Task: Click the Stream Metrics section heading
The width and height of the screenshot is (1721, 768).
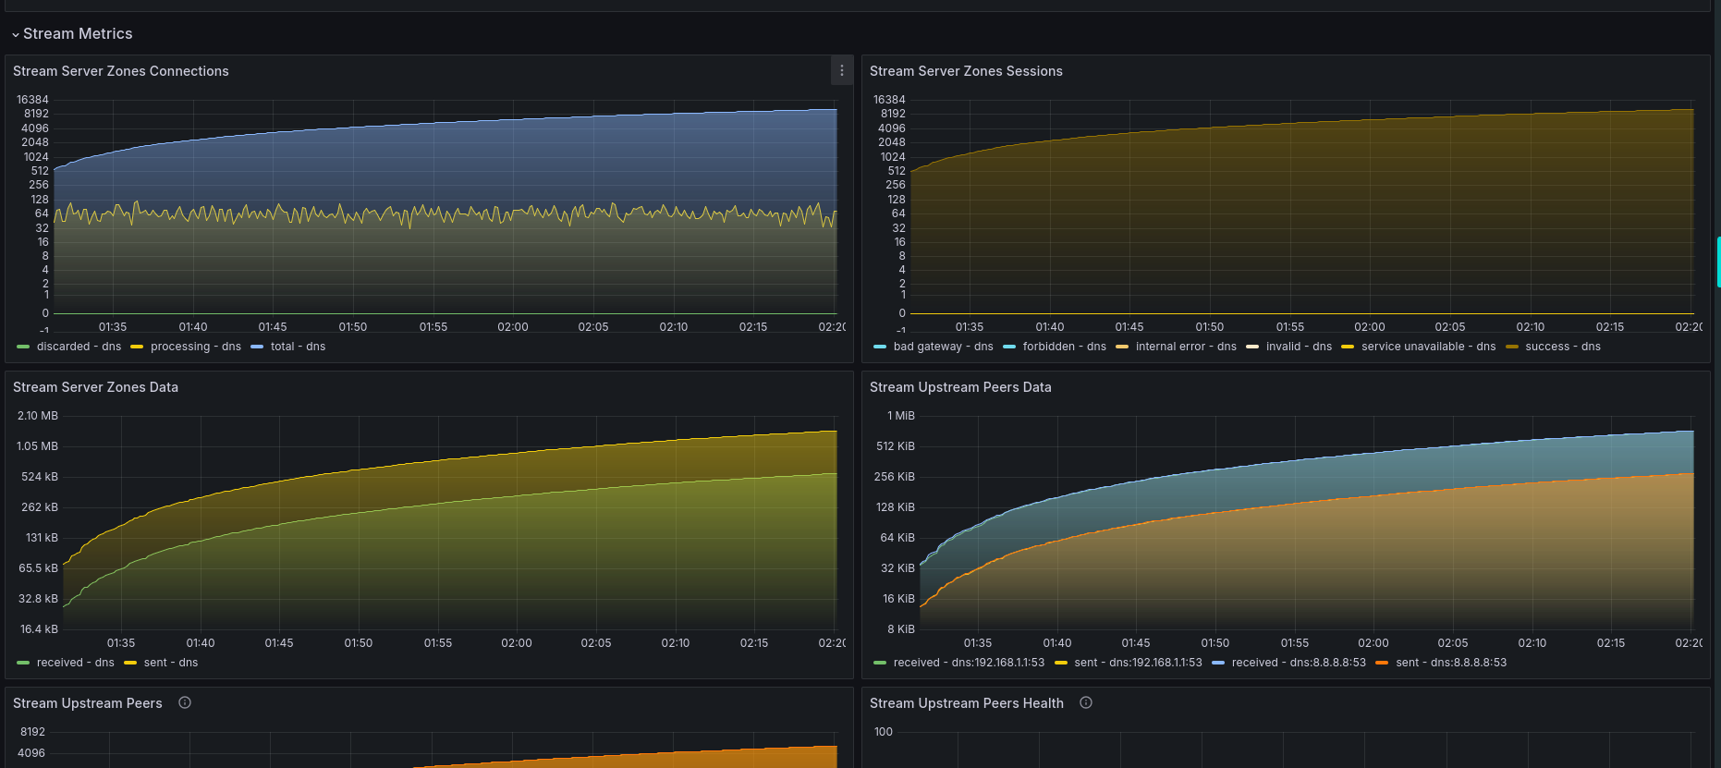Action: click(78, 34)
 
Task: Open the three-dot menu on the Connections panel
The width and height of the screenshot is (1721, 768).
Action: click(842, 70)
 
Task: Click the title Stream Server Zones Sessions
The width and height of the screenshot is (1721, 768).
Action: click(966, 71)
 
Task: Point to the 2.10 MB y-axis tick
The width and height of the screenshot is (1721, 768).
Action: click(38, 416)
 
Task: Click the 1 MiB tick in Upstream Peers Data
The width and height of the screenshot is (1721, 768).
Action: click(901, 416)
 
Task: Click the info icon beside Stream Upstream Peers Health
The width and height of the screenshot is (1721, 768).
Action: click(1086, 702)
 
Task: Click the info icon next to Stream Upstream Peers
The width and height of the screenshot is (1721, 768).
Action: click(185, 702)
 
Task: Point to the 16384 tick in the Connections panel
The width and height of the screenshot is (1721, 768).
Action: click(32, 100)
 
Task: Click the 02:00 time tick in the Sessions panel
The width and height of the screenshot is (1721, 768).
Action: click(1370, 327)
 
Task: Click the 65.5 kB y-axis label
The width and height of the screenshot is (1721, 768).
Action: click(38, 568)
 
